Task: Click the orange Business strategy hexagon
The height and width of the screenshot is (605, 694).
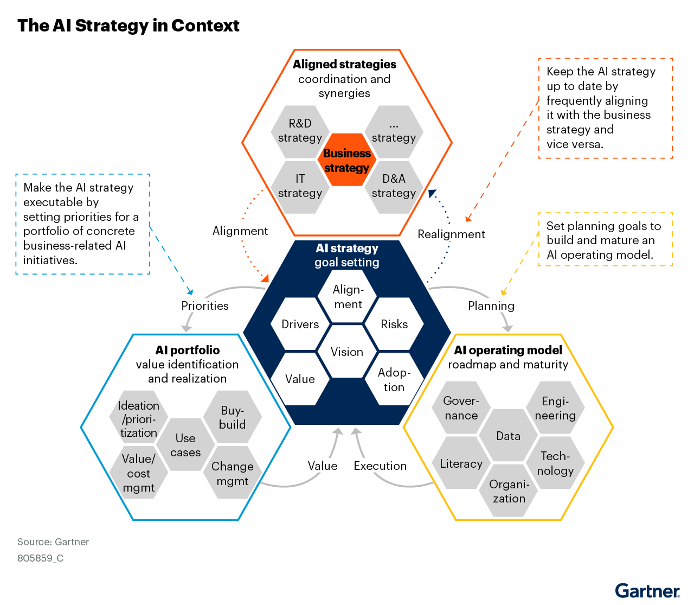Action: pos(346,160)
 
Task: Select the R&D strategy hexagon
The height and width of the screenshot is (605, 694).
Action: pos(300,132)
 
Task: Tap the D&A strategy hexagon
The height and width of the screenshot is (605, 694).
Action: pos(394,187)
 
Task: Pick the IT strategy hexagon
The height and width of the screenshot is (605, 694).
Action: pos(300,187)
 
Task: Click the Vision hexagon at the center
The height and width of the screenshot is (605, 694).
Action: pos(346,352)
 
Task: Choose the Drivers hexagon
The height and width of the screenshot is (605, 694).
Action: pos(300,324)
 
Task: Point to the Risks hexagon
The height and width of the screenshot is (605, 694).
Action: pos(394,324)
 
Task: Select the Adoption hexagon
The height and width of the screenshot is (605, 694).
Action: pos(394,379)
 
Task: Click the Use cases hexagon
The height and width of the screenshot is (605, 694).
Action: pos(185,444)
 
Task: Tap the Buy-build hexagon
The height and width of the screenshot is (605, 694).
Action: pos(233,417)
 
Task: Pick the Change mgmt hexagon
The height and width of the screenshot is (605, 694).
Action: pos(233,472)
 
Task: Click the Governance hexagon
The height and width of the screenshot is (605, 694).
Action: pos(461,408)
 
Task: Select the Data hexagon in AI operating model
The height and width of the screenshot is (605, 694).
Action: pos(508,435)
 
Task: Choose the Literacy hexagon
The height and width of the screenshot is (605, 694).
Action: pos(461,463)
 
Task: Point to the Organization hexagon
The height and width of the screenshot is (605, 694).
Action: pos(508,491)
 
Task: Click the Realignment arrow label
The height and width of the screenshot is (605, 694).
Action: pos(451,234)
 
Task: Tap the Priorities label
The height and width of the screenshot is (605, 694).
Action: pos(205,305)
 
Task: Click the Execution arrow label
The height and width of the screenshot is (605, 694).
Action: pos(380,466)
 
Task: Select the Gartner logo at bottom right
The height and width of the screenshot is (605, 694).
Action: pos(647,591)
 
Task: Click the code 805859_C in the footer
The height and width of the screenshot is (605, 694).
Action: pos(40,558)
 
